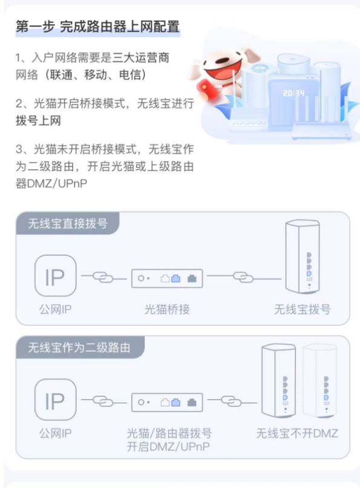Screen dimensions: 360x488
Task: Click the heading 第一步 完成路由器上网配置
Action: (x=98, y=27)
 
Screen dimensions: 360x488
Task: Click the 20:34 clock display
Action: (x=293, y=93)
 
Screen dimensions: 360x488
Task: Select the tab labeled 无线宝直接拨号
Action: (x=68, y=223)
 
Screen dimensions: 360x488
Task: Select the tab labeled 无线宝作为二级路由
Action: (x=79, y=347)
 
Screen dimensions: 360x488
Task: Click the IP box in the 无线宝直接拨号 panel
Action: (x=55, y=276)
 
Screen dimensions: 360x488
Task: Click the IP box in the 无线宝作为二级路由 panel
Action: (x=55, y=400)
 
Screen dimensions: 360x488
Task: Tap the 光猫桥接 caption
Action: (x=167, y=310)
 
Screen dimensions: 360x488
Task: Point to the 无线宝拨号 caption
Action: (x=302, y=310)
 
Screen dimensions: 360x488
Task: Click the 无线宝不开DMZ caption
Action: (x=297, y=433)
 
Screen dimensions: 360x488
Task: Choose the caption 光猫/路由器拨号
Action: (x=169, y=433)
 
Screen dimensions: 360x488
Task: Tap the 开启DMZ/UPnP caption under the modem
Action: (x=168, y=447)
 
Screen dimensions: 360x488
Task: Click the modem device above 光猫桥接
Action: (x=167, y=278)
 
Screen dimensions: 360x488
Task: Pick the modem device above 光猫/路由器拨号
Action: (x=167, y=402)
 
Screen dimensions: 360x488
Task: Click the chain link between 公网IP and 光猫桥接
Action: (x=103, y=277)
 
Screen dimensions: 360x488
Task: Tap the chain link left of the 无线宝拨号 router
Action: (x=243, y=277)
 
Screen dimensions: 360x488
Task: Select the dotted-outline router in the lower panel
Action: (x=320, y=380)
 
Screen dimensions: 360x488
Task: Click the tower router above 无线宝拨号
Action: (x=303, y=256)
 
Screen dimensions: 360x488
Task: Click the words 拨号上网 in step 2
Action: (x=38, y=120)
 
